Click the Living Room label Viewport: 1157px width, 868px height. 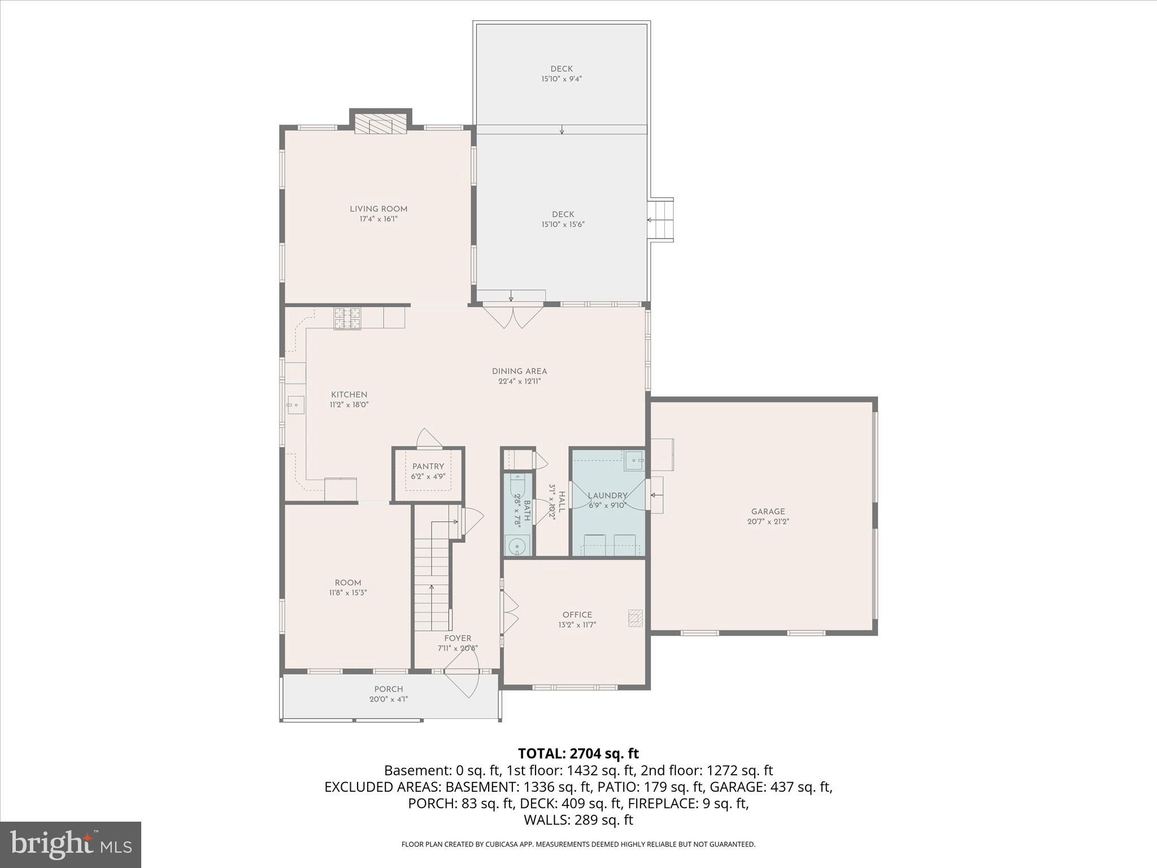[x=378, y=209]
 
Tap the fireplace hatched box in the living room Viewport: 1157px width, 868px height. [x=380, y=125]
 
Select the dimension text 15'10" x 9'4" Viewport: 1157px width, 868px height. [x=561, y=79]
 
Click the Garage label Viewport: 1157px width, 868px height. [x=767, y=511]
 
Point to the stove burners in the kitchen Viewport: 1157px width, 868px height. [x=347, y=318]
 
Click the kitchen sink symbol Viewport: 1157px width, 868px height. [x=295, y=405]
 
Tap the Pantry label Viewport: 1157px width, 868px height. [x=428, y=466]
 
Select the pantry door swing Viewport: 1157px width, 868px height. [x=429, y=439]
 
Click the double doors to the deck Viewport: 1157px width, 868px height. [x=512, y=316]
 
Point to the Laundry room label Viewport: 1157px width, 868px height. [x=607, y=496]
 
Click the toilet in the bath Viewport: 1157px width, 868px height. [x=517, y=486]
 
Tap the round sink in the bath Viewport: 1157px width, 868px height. [x=517, y=546]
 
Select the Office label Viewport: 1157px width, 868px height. [x=577, y=615]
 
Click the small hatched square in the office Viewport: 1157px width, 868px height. [x=636, y=618]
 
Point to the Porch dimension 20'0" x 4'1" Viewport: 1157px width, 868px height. [x=388, y=699]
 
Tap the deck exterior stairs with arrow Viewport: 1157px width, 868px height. [x=660, y=220]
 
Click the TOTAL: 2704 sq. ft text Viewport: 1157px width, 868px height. [x=578, y=753]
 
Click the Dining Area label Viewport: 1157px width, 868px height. [x=519, y=371]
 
